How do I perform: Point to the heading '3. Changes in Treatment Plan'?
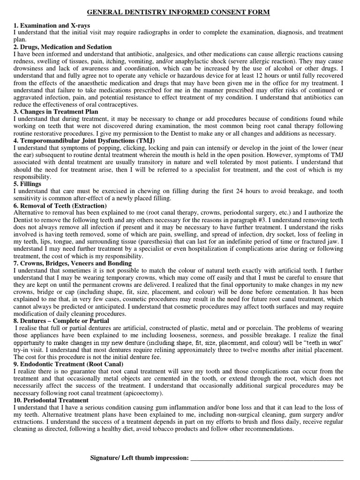click(56, 112)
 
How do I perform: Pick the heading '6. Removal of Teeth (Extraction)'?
click(60, 206)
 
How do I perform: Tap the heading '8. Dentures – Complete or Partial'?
click(61, 321)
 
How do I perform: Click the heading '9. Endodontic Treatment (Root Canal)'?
click(68, 364)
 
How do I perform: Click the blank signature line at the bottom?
click(267, 458)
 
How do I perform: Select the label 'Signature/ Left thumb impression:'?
click(139, 457)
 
